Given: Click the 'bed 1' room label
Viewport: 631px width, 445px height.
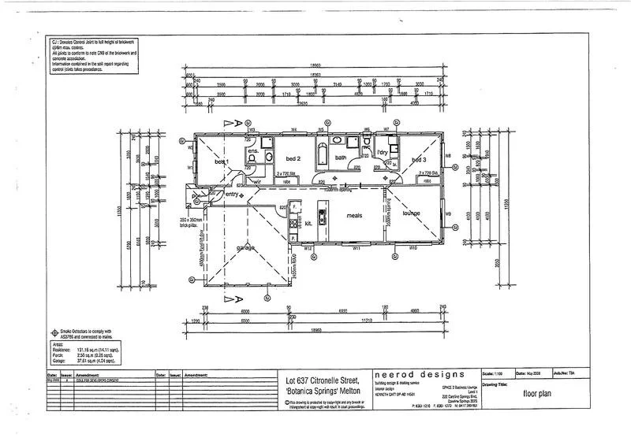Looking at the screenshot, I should (222, 161).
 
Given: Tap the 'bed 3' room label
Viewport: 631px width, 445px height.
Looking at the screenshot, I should (419, 159).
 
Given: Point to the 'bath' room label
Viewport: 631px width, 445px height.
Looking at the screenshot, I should (341, 158).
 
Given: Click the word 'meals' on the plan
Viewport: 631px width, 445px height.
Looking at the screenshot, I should (353, 216).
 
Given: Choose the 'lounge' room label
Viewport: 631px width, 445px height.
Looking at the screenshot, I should (411, 213).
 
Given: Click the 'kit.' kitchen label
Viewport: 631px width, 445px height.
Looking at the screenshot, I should (308, 224).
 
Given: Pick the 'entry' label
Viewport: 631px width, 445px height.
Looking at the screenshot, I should (232, 194).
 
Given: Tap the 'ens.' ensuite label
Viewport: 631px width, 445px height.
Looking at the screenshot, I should (253, 150).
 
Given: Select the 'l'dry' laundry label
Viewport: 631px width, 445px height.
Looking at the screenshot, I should (383, 151).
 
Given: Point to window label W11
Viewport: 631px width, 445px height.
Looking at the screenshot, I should (357, 249).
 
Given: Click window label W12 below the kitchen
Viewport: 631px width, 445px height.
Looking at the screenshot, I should (309, 249).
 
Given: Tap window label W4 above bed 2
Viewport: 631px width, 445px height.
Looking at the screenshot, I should (293, 129).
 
